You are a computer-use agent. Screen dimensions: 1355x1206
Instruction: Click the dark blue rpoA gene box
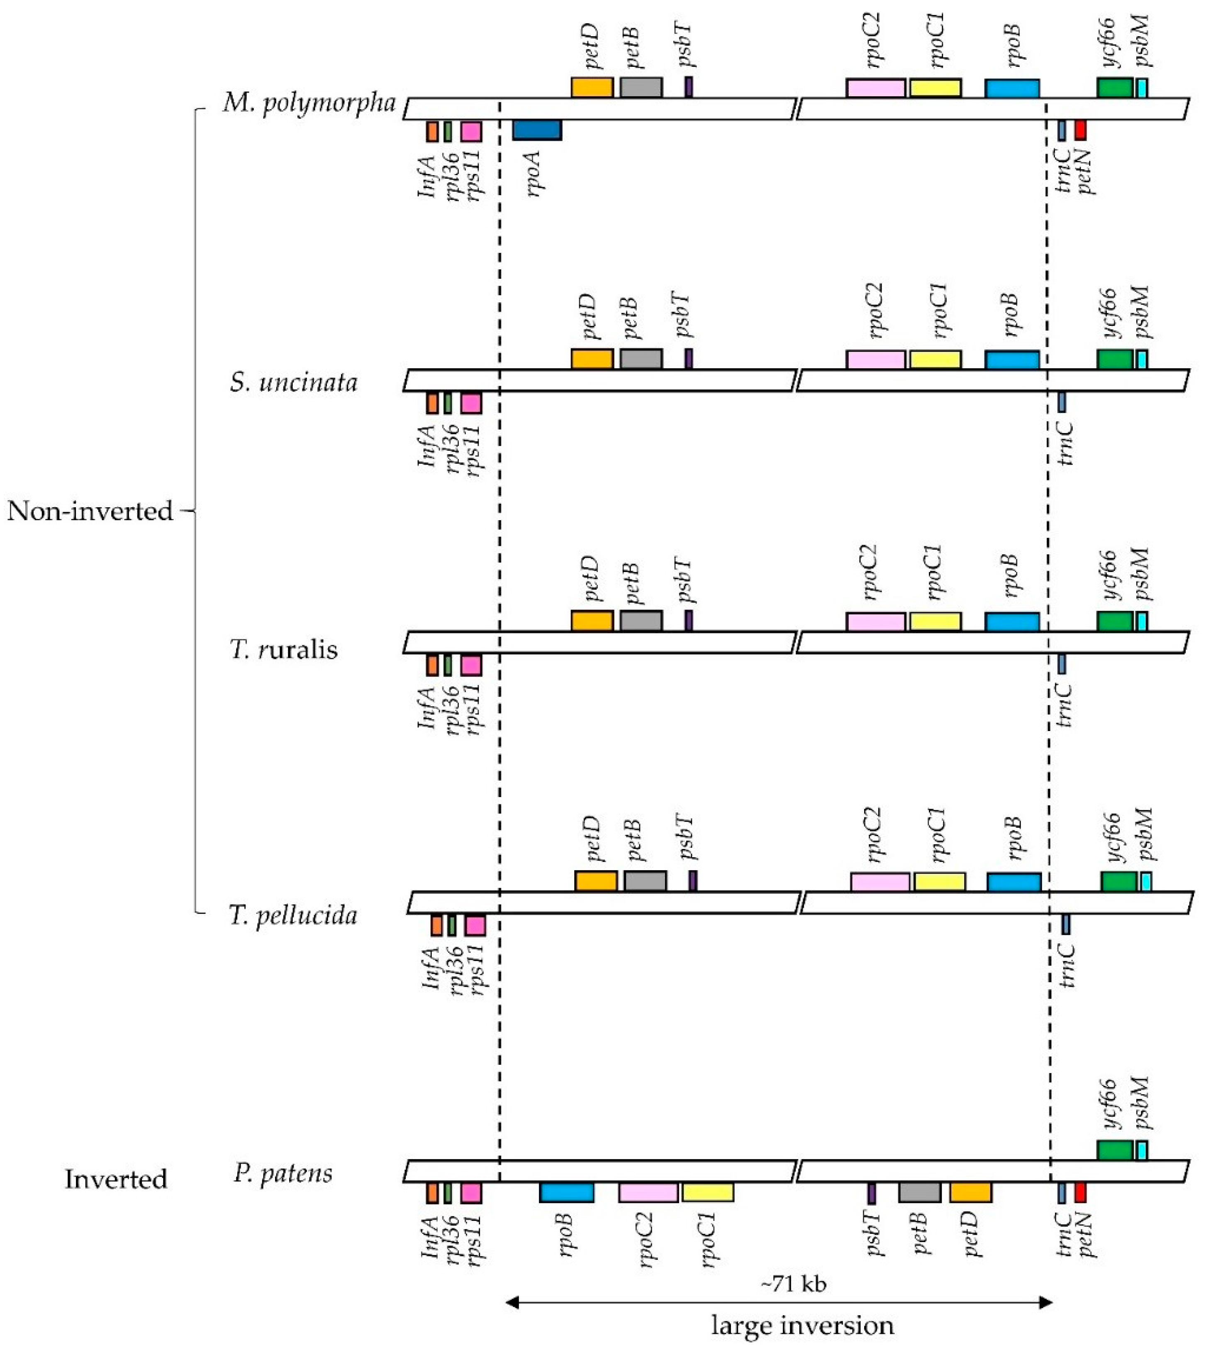pyautogui.click(x=537, y=130)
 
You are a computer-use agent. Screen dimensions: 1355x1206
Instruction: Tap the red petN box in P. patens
pyautogui.click(x=1080, y=1193)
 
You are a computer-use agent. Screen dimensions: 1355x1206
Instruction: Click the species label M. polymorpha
pyautogui.click(x=309, y=103)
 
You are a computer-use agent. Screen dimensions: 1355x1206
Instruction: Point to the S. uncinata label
pyautogui.click(x=294, y=382)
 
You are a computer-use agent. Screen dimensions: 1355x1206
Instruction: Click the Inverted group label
pyautogui.click(x=116, y=1179)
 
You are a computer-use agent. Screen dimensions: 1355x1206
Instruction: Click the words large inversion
pyautogui.click(x=802, y=1326)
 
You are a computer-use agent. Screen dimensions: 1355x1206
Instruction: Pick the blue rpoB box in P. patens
pyautogui.click(x=567, y=1193)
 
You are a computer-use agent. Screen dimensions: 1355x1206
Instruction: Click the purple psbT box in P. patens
pyautogui.click(x=871, y=1193)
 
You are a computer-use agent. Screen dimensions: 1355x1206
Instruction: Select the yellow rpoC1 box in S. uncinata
pyautogui.click(x=935, y=360)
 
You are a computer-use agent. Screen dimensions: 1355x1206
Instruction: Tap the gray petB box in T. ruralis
pyautogui.click(x=641, y=621)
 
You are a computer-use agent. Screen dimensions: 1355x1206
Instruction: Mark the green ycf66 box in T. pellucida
pyautogui.click(x=1118, y=882)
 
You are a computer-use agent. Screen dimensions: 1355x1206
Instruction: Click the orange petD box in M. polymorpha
pyautogui.click(x=592, y=88)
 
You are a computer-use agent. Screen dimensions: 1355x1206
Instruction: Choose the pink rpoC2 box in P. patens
pyautogui.click(x=648, y=1193)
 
